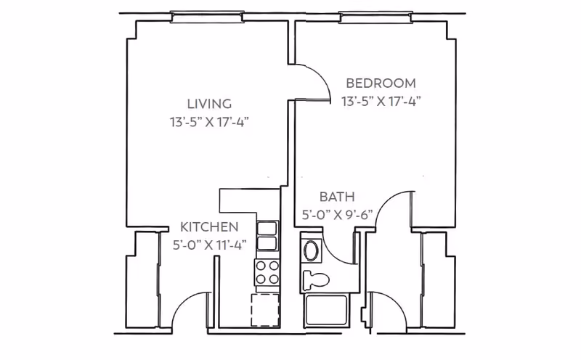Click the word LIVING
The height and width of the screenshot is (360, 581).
point(209,104)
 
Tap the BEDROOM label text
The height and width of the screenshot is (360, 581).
point(381,83)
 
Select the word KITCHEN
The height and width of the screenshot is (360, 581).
point(209,226)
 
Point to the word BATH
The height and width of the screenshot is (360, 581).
point(337,197)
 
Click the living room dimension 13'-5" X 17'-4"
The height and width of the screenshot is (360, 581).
point(209,121)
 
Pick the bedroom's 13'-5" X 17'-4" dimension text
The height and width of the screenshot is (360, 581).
point(381,101)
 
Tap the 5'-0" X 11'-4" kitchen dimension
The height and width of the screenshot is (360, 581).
point(209,245)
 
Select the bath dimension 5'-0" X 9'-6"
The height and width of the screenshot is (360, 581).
point(337,214)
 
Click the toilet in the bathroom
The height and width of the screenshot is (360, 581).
point(315,279)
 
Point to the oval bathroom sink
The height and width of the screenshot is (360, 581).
point(311,250)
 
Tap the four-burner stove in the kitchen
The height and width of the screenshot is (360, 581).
point(267,272)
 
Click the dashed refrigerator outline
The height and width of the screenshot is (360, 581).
point(265,310)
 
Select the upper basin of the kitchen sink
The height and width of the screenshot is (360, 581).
point(267,228)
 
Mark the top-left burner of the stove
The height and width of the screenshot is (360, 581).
point(261,266)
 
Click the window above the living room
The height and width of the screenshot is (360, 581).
point(207,17)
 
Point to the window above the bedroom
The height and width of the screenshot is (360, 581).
point(375,17)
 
